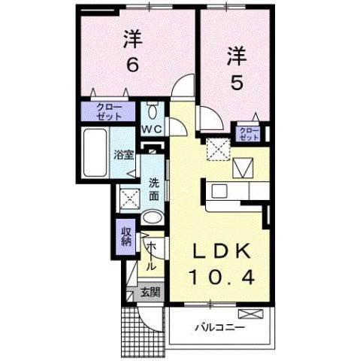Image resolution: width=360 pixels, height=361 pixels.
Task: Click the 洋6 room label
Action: click(x=132, y=51)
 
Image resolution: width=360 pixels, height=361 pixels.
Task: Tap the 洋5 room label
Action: click(x=236, y=67)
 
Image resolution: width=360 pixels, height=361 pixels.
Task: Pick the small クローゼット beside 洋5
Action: click(x=248, y=135)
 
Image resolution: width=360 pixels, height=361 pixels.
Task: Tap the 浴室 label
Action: click(x=123, y=156)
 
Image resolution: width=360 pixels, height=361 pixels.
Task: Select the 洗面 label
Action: click(x=153, y=188)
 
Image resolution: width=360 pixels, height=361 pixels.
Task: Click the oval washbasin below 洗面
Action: click(x=151, y=219)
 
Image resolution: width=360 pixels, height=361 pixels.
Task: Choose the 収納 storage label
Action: click(x=126, y=236)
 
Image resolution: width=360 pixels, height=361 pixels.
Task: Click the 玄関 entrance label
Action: click(x=150, y=293)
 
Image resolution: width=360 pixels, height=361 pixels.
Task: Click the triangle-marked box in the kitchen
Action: click(x=246, y=166)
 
